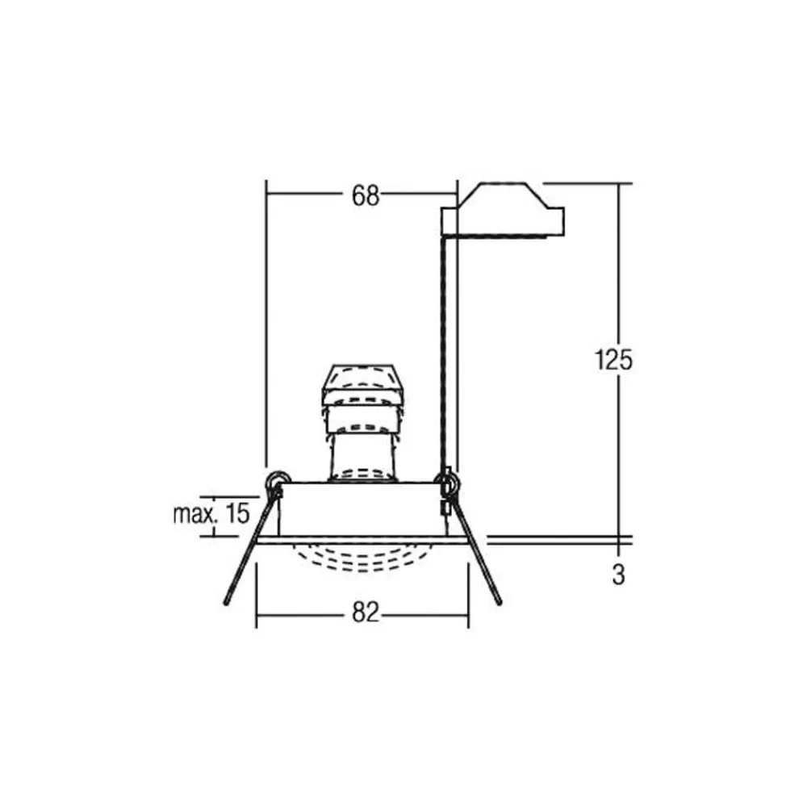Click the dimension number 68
[x=365, y=194]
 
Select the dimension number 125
[x=613, y=360]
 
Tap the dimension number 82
[x=365, y=613]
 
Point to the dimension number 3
[x=618, y=575]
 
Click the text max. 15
[x=211, y=513]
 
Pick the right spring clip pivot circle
[x=447, y=483]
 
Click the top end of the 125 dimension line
[x=621, y=184]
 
